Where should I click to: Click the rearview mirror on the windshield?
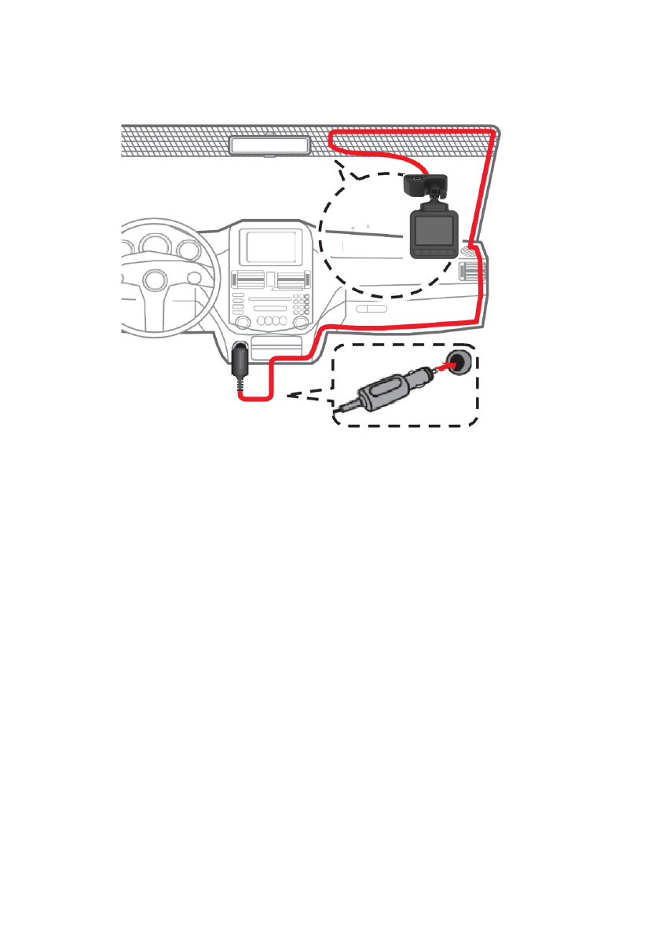[x=268, y=145]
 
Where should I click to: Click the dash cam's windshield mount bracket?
[x=424, y=187]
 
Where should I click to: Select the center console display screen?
[x=273, y=246]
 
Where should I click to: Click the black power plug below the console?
[x=240, y=363]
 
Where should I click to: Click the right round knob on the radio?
[x=301, y=323]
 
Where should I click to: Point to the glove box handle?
[x=372, y=309]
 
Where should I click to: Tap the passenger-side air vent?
[x=470, y=272]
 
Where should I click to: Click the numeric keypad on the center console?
[x=301, y=303]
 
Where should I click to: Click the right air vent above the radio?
[x=293, y=279]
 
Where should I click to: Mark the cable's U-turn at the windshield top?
[x=333, y=141]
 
